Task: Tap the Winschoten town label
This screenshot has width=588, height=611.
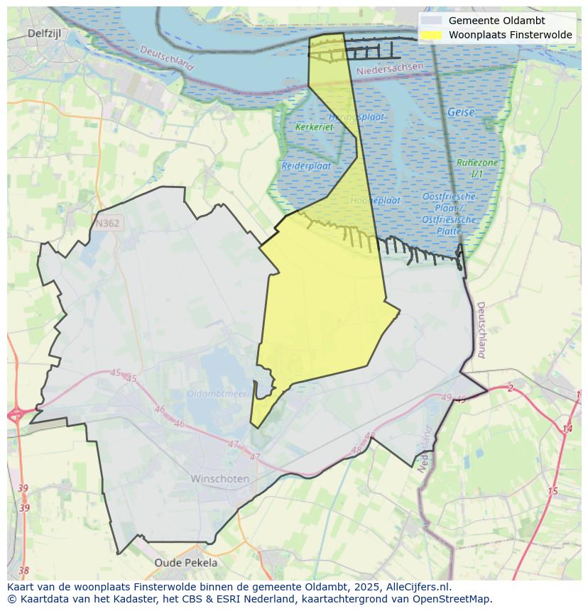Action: (x=220, y=478)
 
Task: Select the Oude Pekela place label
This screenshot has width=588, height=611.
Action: (x=186, y=563)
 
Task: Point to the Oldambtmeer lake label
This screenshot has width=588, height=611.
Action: (x=217, y=393)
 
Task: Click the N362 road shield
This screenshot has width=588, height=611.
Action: (x=107, y=223)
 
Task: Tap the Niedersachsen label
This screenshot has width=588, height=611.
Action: (x=390, y=69)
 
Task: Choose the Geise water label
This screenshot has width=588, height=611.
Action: (x=461, y=112)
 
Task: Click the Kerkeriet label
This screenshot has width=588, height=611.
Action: (x=314, y=127)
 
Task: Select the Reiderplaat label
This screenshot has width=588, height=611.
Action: (x=306, y=165)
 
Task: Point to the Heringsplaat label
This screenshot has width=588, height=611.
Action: (x=356, y=116)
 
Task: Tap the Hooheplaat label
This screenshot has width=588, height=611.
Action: (x=376, y=200)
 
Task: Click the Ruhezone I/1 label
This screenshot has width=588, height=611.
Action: (x=477, y=167)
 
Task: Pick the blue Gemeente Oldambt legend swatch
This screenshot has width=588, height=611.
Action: (x=431, y=21)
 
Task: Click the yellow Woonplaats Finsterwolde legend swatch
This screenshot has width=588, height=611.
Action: (x=431, y=35)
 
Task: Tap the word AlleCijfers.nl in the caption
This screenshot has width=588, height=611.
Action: (x=418, y=587)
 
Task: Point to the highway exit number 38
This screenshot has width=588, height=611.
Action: (x=23, y=571)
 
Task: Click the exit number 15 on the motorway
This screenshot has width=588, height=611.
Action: (x=553, y=491)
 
